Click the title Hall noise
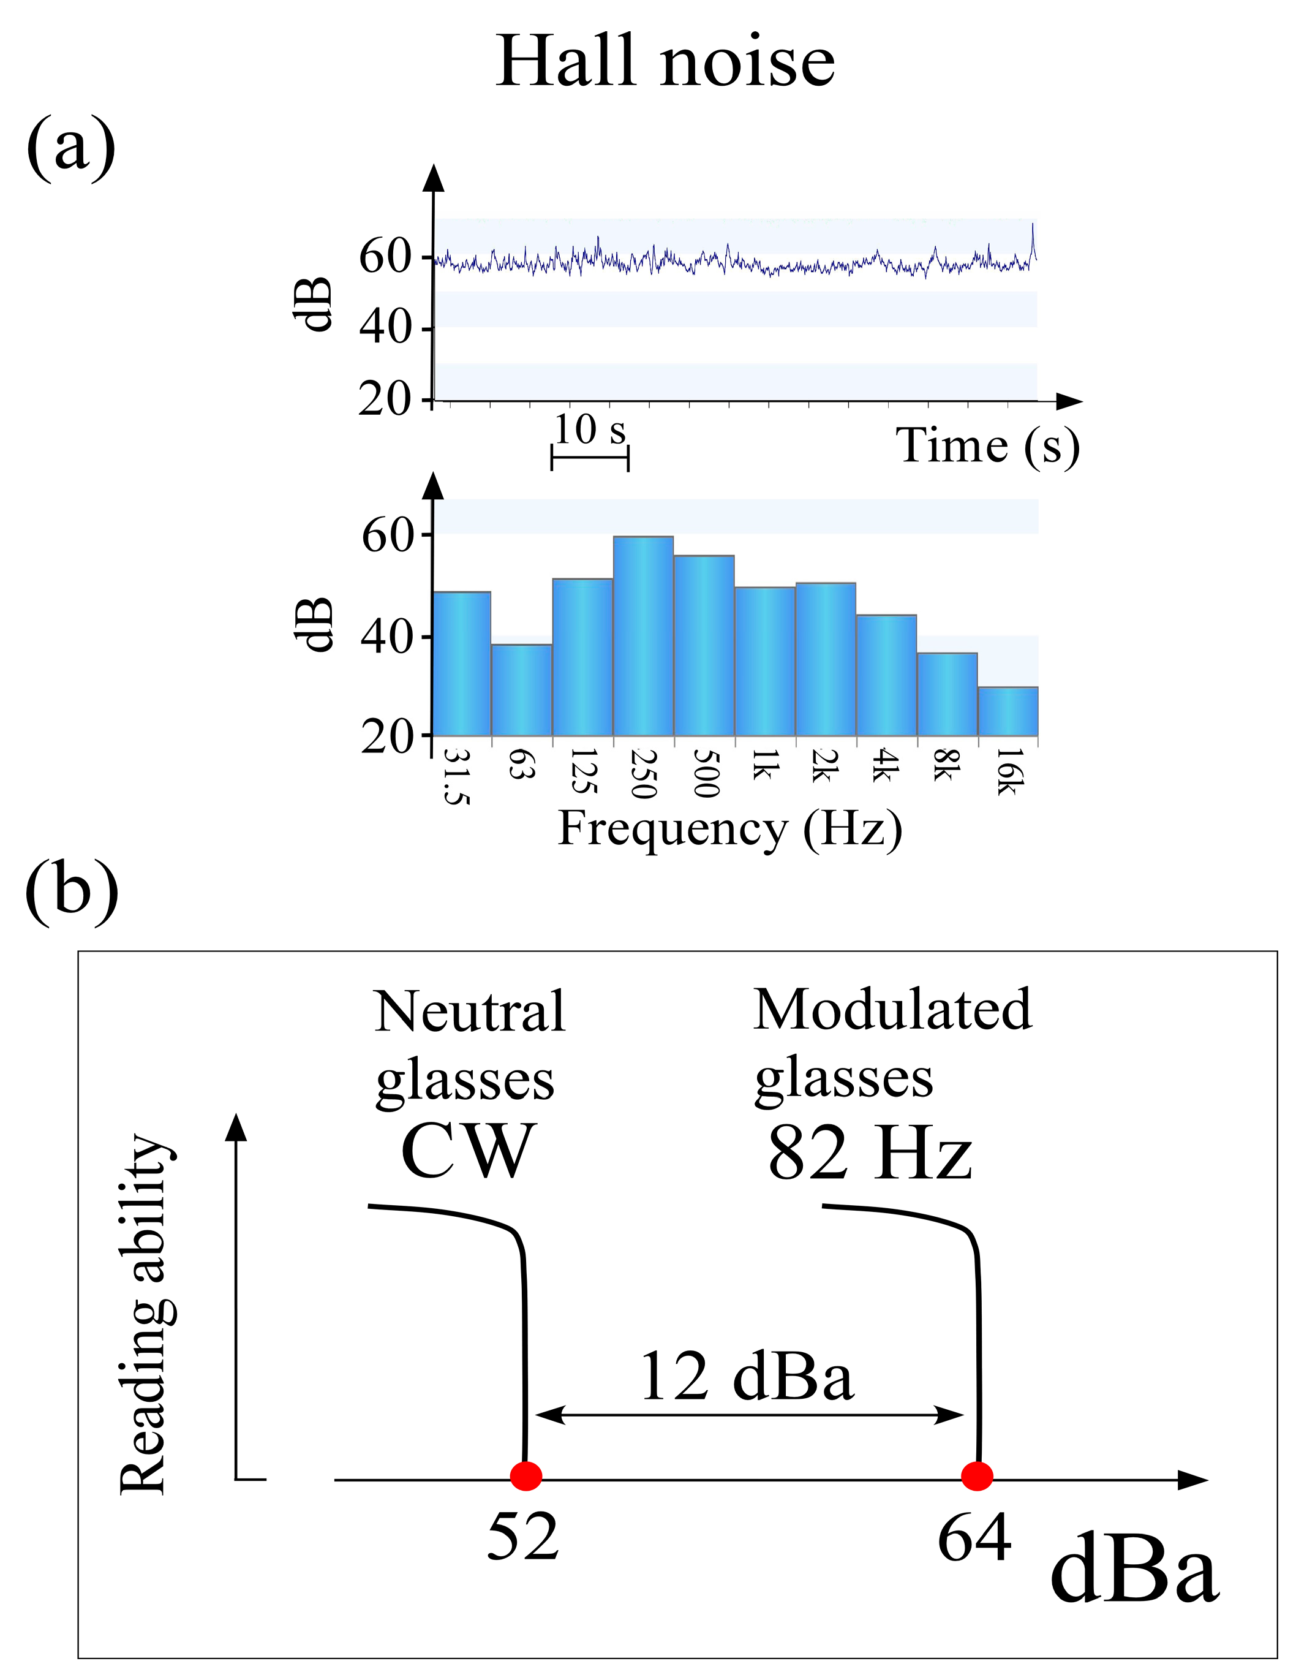click(x=665, y=61)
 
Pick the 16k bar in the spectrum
click(x=1008, y=711)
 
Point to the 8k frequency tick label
click(x=947, y=765)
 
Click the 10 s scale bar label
click(x=590, y=429)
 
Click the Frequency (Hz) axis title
click(x=729, y=829)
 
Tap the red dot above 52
click(x=526, y=1475)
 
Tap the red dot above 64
click(x=977, y=1475)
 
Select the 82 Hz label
click(x=870, y=1154)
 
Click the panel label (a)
click(x=71, y=146)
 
